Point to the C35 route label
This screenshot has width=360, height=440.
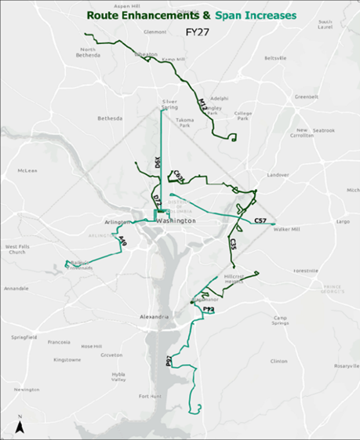tap(233, 245)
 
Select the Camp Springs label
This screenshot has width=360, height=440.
tap(280, 321)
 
